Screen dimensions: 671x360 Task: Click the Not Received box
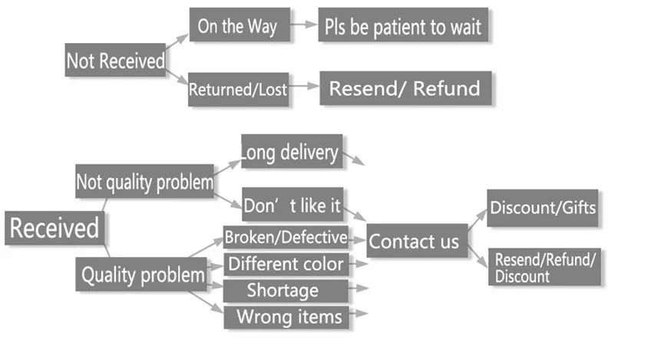pyautogui.click(x=115, y=60)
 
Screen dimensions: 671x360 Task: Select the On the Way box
pyautogui.click(x=240, y=25)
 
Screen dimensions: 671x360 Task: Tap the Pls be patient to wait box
pyautogui.click(x=403, y=25)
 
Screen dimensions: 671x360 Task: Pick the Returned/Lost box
pyautogui.click(x=238, y=90)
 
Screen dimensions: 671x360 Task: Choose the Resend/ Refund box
pyautogui.click(x=405, y=88)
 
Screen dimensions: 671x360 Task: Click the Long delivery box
pyautogui.click(x=292, y=151)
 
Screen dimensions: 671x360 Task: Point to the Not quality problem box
pyautogui.click(x=144, y=181)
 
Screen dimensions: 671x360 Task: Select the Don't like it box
pyautogui.click(x=293, y=204)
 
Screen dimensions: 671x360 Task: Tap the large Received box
pyautogui.click(x=55, y=228)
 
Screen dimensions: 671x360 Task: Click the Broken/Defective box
pyautogui.click(x=286, y=237)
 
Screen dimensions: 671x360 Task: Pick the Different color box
pyautogui.click(x=286, y=264)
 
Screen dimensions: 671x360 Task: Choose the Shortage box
pyautogui.click(x=286, y=291)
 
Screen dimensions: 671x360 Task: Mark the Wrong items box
pyautogui.click(x=286, y=317)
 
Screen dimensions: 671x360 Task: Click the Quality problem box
pyautogui.click(x=141, y=274)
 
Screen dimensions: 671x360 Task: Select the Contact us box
pyautogui.click(x=417, y=240)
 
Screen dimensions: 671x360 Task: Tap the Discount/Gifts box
pyautogui.click(x=543, y=208)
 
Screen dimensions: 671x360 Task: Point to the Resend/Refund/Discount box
pyautogui.click(x=545, y=266)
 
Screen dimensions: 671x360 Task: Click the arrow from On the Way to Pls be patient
pyautogui.click(x=304, y=25)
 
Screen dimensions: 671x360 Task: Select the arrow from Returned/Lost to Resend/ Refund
pyautogui.click(x=304, y=86)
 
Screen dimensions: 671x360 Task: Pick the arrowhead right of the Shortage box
pyautogui.click(x=362, y=288)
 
